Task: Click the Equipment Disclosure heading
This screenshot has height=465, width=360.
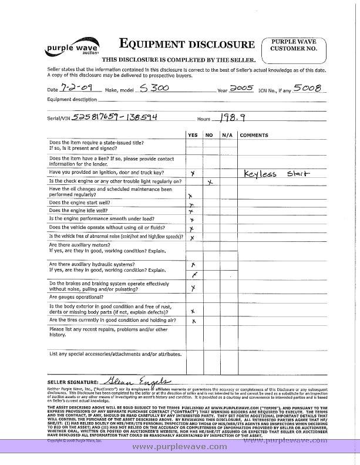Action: [187, 44]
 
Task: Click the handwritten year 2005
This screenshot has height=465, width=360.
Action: [241, 87]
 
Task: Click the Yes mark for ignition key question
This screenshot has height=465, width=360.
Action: [193, 174]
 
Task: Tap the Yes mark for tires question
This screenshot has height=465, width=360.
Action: [193, 322]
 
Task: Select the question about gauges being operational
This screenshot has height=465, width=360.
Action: [82, 297]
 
